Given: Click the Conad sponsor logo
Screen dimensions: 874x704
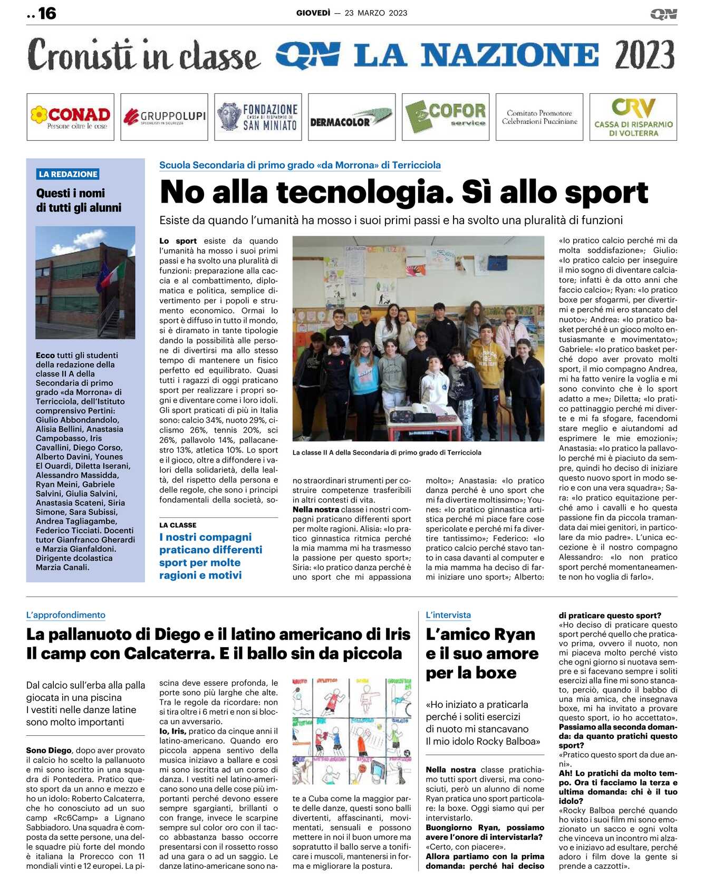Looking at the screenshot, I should pos(70,117).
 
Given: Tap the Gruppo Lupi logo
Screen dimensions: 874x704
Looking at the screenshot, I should pos(164,117).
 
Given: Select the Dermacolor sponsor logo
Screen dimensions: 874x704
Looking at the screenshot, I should pos(351,117).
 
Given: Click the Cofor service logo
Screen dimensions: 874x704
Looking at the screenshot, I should pos(446,117).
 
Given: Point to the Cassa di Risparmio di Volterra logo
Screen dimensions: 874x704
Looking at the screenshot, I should pos(633,117).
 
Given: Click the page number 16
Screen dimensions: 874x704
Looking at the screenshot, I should pos(47,13).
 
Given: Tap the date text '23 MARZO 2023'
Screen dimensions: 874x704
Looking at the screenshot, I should pos(376,13).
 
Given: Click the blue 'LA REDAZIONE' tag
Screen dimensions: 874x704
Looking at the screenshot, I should pos(69,174).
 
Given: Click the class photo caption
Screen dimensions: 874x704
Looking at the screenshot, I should pos(387,453).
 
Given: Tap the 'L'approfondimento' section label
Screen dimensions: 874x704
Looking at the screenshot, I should pos(66,615).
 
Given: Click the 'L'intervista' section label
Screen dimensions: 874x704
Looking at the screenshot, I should pos(448,615).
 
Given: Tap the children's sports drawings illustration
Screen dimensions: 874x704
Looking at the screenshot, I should pos(352,732).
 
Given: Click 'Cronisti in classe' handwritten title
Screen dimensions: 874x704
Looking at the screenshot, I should pos(143,55).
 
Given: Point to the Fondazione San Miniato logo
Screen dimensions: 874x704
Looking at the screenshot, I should pos(258,117).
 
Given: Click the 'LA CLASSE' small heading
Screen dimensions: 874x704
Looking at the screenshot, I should pos(178,525).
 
